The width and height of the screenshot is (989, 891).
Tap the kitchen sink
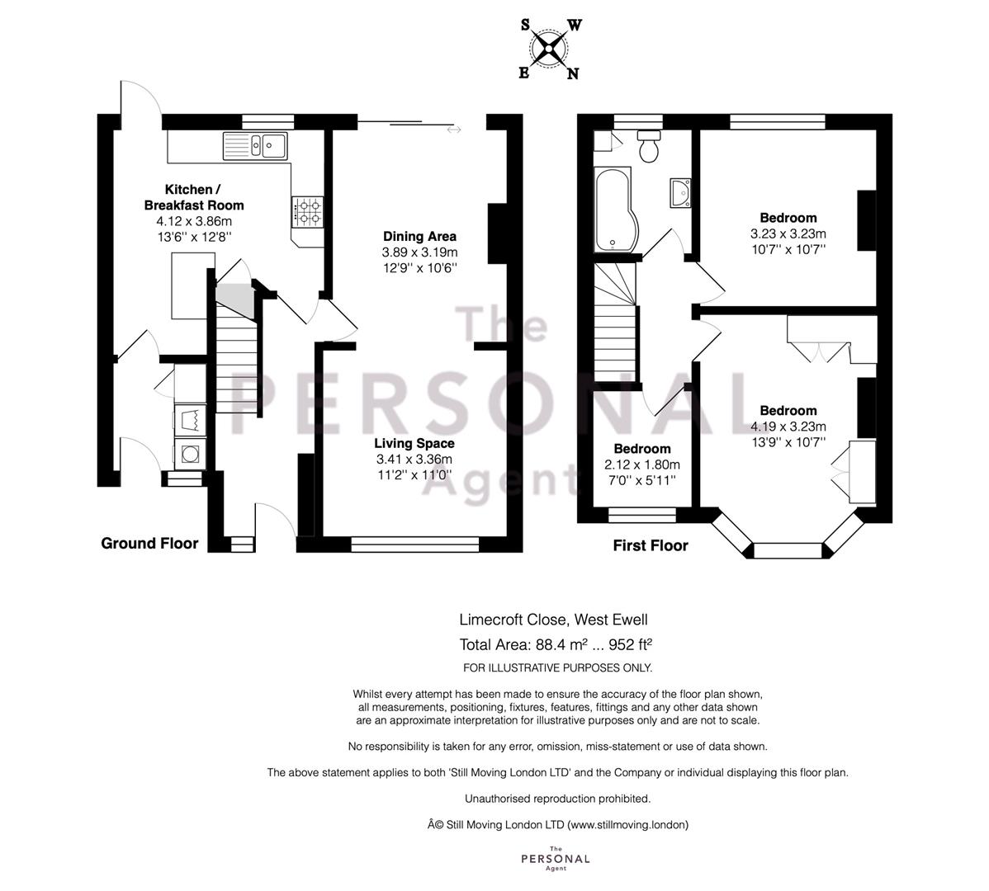click(255, 145)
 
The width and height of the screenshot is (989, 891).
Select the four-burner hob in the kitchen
click(307, 212)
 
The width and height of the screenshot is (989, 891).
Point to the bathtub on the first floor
click(616, 210)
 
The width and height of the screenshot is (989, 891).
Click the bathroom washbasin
click(681, 192)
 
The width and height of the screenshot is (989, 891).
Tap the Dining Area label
click(419, 236)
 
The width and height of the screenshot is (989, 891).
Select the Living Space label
click(414, 443)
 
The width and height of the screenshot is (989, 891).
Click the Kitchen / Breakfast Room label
click(194, 197)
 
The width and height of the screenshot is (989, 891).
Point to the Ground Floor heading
click(149, 543)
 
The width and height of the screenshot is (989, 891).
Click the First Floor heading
click(651, 545)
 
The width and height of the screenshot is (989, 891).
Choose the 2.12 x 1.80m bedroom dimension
click(642, 465)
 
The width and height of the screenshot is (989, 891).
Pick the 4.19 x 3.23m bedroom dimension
click(788, 427)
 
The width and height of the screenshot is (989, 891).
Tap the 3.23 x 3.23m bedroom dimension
click(788, 233)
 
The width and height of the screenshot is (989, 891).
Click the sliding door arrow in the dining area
click(453, 130)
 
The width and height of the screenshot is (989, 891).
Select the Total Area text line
click(555, 644)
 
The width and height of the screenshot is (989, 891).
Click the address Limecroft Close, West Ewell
click(553, 620)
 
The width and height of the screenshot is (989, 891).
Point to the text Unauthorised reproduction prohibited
click(557, 799)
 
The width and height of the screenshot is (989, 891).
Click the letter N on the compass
click(572, 73)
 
